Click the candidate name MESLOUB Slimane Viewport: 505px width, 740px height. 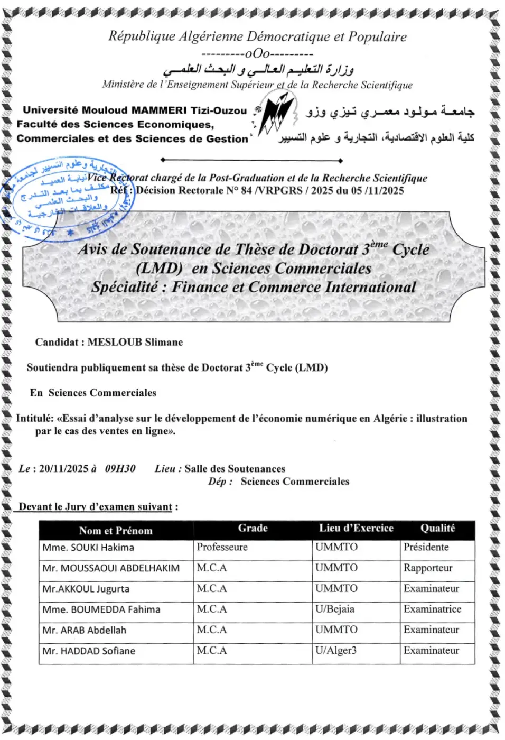(x=135, y=342)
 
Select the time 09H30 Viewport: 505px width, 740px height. (x=120, y=468)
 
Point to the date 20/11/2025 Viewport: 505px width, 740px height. (x=63, y=468)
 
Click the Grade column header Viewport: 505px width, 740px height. (x=253, y=528)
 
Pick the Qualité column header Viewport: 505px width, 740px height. (x=437, y=528)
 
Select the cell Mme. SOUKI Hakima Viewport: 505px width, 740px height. (x=88, y=548)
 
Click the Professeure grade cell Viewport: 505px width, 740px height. (x=222, y=547)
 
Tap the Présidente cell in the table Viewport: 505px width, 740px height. (x=426, y=547)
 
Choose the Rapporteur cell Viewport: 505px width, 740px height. (x=428, y=568)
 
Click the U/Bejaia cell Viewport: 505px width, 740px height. (x=335, y=609)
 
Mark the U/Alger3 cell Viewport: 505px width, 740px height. (x=336, y=650)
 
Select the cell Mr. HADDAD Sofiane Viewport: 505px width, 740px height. (x=89, y=651)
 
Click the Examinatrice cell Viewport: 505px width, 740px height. (x=432, y=609)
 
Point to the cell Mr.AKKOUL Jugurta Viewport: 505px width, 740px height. (x=86, y=589)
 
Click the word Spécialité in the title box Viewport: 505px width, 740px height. (x=125, y=287)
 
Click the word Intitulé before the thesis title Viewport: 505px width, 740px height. (x=35, y=418)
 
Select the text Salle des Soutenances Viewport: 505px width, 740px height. (x=235, y=468)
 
